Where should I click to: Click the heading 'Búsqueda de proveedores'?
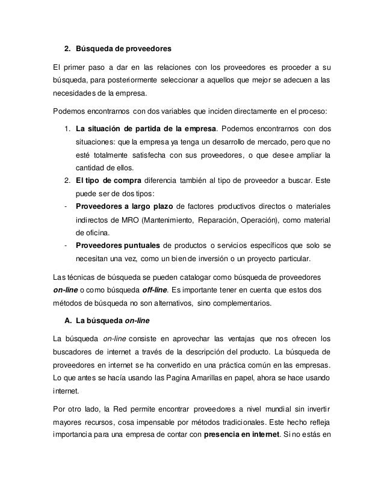(123, 48)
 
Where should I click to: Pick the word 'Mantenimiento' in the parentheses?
(162, 220)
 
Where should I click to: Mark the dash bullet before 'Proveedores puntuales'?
(64, 245)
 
